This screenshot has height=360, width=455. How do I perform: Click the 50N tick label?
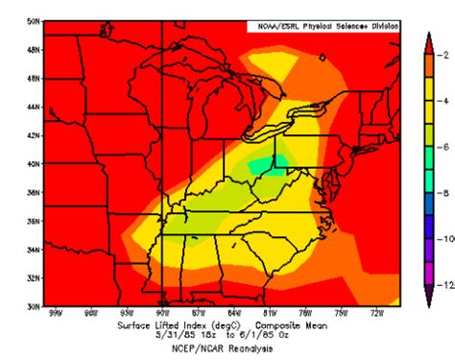coord(34,21)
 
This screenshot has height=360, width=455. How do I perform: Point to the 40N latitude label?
coord(34,164)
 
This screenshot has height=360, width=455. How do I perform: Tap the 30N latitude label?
coord(34,306)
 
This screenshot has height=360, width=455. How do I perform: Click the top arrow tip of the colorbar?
coord(428,35)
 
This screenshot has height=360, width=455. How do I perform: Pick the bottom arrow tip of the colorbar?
coord(428,304)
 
